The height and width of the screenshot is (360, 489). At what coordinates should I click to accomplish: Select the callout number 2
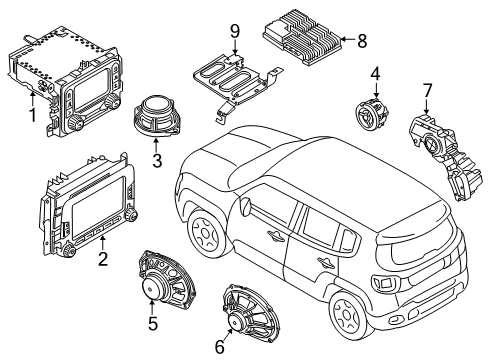click(102, 260)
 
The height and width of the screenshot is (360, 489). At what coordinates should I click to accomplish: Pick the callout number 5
click(153, 324)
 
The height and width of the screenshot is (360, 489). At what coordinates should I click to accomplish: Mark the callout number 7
click(428, 93)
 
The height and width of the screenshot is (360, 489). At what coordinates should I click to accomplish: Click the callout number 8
click(362, 41)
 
